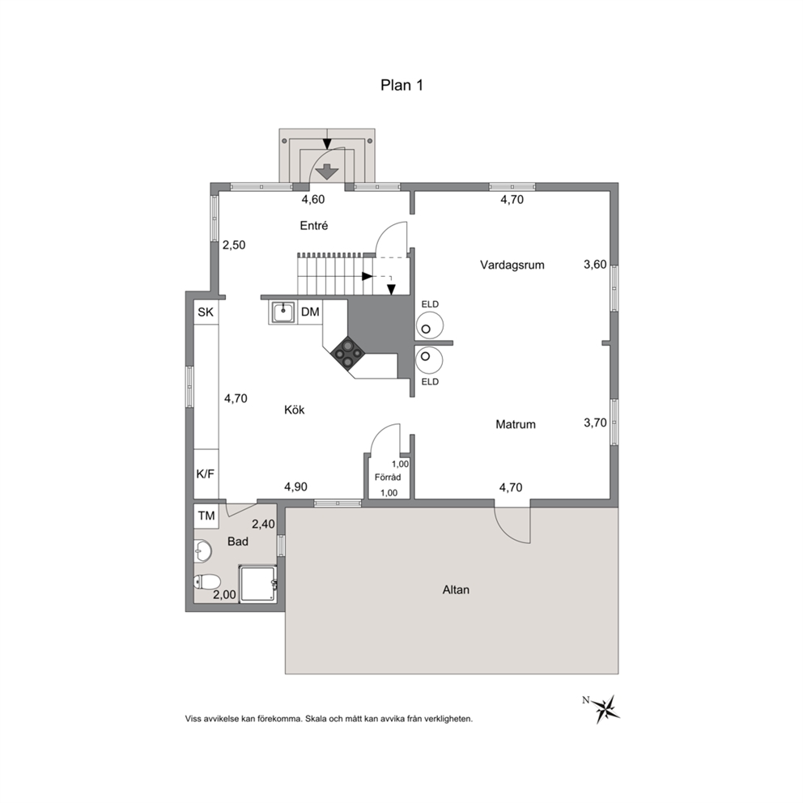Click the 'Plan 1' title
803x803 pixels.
[402, 85]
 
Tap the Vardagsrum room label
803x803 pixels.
[512, 265]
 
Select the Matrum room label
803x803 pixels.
[515, 424]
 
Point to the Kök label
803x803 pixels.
[295, 410]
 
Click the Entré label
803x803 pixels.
[314, 225]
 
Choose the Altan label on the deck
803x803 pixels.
[456, 589]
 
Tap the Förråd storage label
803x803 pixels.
[388, 477]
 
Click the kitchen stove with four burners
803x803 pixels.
[348, 354]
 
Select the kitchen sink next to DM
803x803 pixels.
[283, 312]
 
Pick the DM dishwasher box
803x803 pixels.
[310, 312]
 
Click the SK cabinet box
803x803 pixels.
[206, 312]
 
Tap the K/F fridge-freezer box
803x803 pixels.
[206, 474]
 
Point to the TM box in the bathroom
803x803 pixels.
[206, 516]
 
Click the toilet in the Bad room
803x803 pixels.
[207, 582]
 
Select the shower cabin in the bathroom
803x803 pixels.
[258, 583]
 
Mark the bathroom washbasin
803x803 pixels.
[203, 551]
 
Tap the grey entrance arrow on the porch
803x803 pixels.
[327, 171]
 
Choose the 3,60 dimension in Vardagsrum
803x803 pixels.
[595, 264]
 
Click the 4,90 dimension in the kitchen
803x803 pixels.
[296, 486]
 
